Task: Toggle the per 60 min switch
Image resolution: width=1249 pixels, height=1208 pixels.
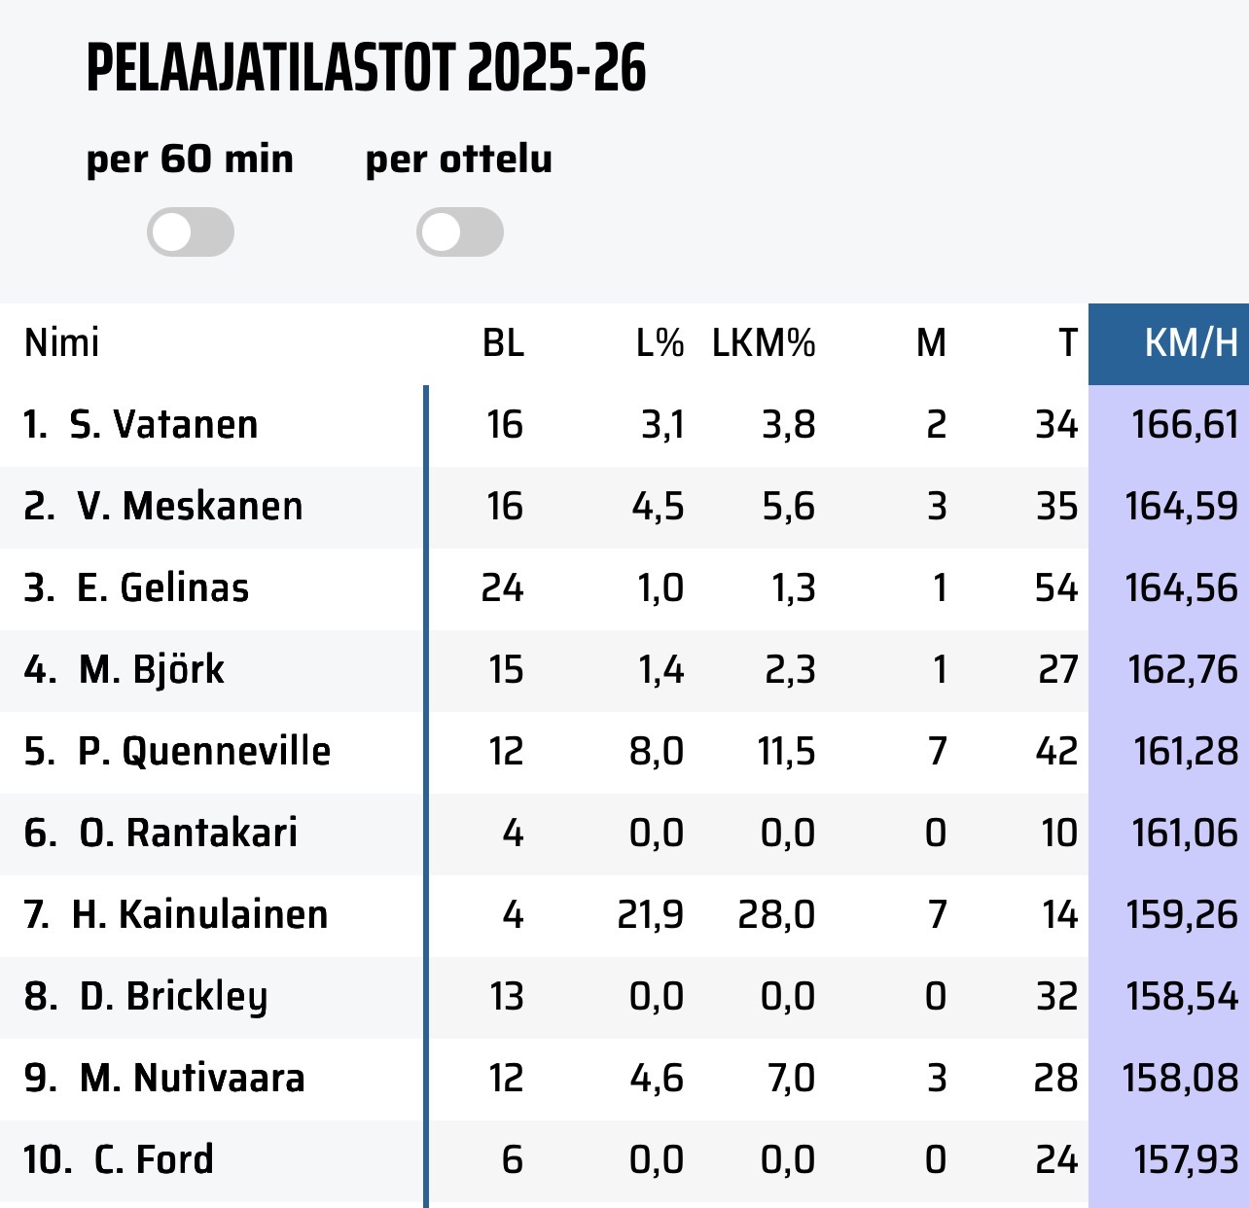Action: click(x=191, y=232)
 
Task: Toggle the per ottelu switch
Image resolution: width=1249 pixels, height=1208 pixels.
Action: click(x=460, y=232)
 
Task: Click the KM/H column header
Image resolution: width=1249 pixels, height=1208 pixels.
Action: click(x=1191, y=343)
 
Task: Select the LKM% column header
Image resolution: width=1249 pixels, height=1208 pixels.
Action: click(x=764, y=343)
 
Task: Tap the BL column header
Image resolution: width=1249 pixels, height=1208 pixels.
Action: click(x=503, y=343)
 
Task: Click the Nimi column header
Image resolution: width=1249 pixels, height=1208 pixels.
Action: click(x=62, y=343)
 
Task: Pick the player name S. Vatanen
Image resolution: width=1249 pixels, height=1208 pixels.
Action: click(x=163, y=425)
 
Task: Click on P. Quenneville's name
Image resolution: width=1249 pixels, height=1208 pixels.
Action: click(x=204, y=752)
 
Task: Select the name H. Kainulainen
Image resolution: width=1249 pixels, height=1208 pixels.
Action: click(x=199, y=915)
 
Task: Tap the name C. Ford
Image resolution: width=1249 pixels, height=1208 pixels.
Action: click(x=154, y=1160)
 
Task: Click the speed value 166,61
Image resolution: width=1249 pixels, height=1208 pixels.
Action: click(x=1185, y=425)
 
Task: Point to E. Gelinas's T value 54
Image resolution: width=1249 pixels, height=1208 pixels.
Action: click(x=1056, y=588)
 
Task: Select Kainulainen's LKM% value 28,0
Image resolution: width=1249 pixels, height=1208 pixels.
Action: click(x=776, y=915)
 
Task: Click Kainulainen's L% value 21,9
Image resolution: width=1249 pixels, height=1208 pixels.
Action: click(x=650, y=915)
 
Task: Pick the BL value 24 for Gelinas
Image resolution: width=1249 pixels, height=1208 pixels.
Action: click(x=502, y=588)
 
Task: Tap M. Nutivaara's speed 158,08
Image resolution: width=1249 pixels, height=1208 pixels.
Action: click(x=1180, y=1079)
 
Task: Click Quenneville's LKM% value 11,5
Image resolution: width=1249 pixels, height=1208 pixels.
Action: click(x=786, y=752)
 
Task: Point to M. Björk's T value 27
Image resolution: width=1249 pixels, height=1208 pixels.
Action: click(x=1057, y=670)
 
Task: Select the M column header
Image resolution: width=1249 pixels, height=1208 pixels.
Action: click(x=931, y=343)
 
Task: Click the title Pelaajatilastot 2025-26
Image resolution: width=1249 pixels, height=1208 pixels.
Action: click(x=366, y=68)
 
